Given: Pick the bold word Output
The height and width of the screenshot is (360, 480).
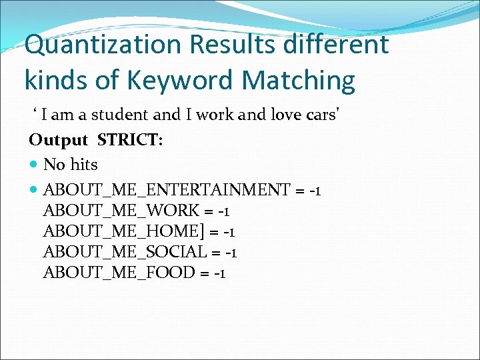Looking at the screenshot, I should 58,140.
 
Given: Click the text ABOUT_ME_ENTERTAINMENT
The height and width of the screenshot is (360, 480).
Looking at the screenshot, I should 167,190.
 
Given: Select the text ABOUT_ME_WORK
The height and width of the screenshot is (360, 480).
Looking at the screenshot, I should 121,211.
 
